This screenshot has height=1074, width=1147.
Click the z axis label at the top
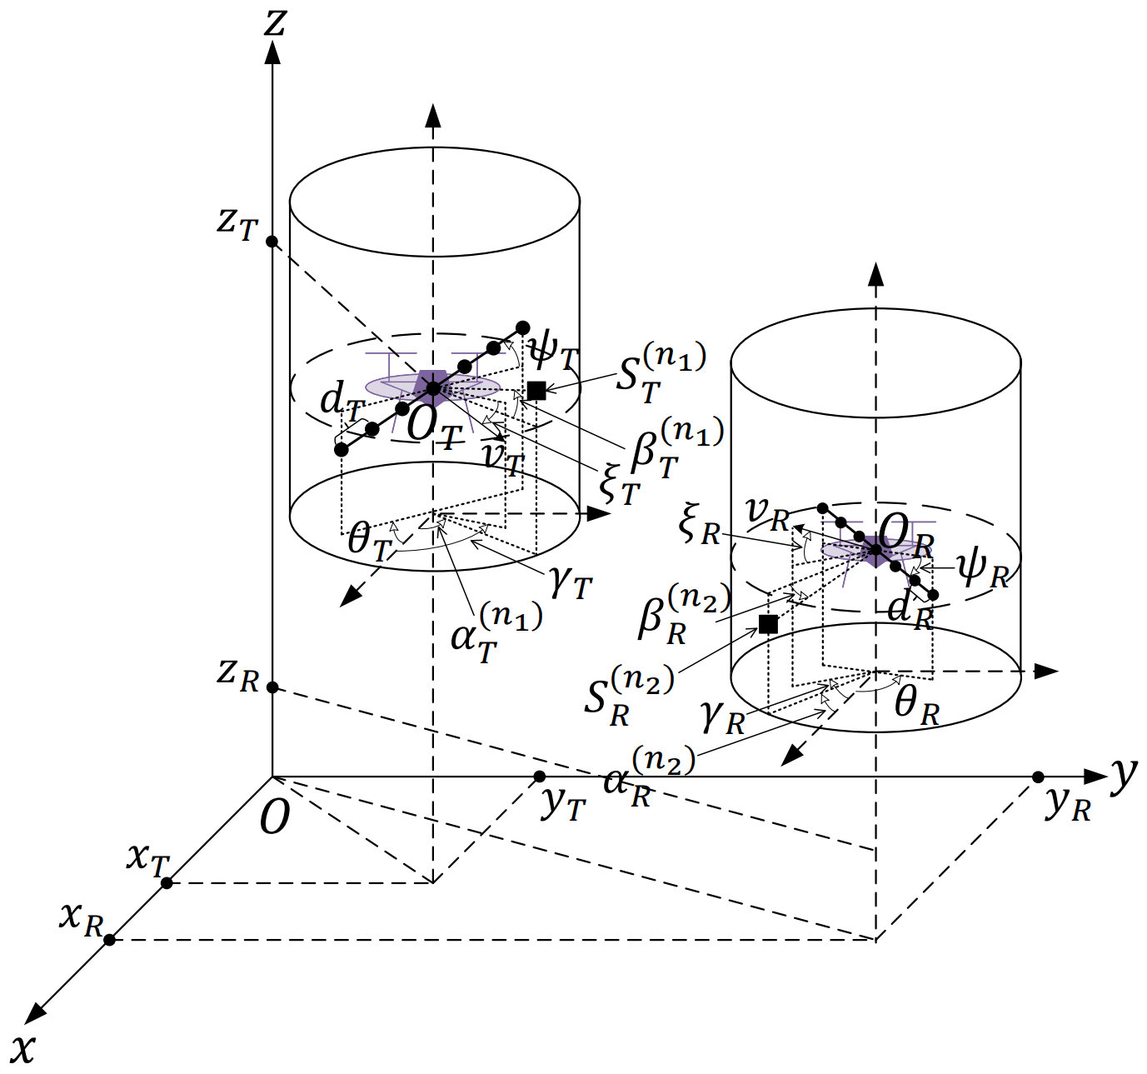(273, 22)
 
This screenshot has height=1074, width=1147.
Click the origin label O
(274, 819)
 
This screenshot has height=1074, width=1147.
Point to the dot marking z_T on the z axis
(272, 242)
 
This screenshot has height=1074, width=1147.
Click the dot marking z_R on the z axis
(272, 688)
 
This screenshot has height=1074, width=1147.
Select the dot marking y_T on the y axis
(539, 777)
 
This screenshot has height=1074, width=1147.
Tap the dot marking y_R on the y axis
(1038, 777)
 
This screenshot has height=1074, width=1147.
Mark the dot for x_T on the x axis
(167, 883)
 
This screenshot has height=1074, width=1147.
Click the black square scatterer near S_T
(536, 390)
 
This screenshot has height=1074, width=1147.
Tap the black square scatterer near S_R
(768, 624)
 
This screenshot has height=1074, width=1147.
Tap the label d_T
(342, 404)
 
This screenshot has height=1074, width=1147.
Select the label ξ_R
(699, 527)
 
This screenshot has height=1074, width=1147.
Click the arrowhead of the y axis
(1098, 777)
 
